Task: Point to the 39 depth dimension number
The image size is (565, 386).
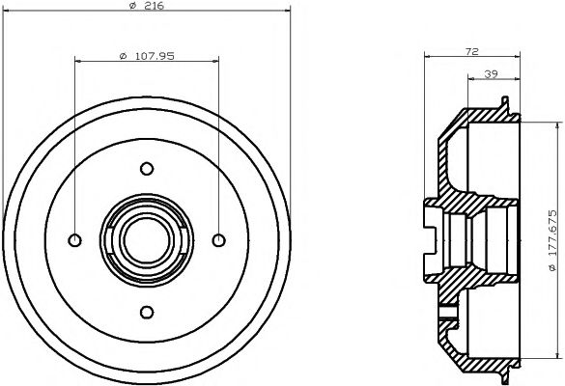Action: pyautogui.click(x=490, y=73)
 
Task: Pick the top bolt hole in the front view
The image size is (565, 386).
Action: pyautogui.click(x=147, y=169)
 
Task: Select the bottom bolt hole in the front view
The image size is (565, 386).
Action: pyautogui.click(x=147, y=311)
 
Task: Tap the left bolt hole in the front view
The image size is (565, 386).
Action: pyautogui.click(x=75, y=240)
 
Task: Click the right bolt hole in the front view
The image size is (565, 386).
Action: pyautogui.click(x=218, y=240)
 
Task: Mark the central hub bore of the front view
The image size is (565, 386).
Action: pyautogui.click(x=147, y=240)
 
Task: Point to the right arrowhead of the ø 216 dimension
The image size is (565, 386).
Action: pyautogui.click(x=288, y=16)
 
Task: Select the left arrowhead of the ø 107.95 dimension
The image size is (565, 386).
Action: pyautogui.click(x=78, y=63)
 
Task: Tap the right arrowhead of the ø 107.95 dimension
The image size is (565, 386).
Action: pyautogui.click(x=215, y=63)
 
